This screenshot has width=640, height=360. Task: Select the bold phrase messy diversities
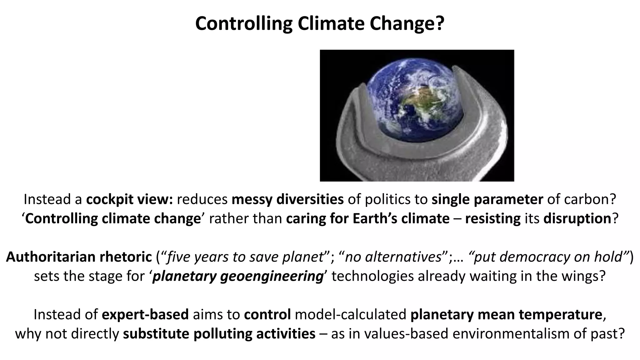[287, 199]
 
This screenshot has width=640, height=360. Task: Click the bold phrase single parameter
[487, 199]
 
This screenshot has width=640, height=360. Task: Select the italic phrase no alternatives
[393, 257]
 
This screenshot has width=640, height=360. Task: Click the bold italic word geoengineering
[272, 276]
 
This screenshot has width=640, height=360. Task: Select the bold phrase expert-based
[145, 315]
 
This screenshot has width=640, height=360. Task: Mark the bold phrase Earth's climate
[401, 218]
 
